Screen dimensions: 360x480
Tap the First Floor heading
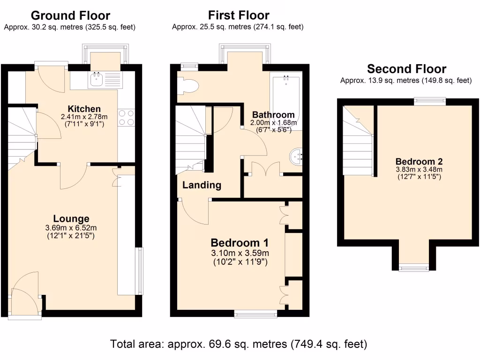239,15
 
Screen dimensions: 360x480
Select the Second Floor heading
406,69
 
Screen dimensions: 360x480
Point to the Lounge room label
71,218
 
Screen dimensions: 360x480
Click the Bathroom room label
273,114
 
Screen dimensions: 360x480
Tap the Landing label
202,185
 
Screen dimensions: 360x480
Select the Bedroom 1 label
240,243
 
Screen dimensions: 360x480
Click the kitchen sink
97,79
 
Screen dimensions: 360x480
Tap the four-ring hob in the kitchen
127,117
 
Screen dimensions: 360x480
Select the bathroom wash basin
296,157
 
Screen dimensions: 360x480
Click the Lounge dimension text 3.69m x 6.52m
71,228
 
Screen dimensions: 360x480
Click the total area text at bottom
239,344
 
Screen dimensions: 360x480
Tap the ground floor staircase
22,136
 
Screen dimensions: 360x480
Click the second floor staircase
358,141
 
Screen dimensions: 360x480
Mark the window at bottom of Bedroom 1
255,314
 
